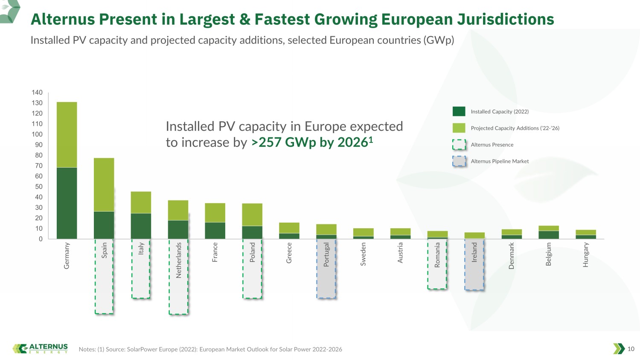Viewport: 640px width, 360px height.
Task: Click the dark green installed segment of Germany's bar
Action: pyautogui.click(x=67, y=203)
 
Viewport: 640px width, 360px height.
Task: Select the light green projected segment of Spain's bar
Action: pyautogui.click(x=104, y=185)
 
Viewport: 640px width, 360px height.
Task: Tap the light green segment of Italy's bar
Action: pyautogui.click(x=141, y=202)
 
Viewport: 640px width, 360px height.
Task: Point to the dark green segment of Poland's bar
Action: pyautogui.click(x=252, y=232)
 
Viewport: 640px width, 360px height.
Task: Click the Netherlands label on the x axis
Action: pyautogui.click(x=179, y=260)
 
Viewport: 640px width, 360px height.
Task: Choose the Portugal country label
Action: pyautogui.click(x=326, y=255)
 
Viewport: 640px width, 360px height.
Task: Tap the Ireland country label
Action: pyautogui.click(x=474, y=252)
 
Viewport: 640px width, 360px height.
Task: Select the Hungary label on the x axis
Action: pyautogui.click(x=586, y=255)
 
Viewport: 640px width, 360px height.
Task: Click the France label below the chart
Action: pyautogui.click(x=215, y=252)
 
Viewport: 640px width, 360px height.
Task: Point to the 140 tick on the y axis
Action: pyautogui.click(x=37, y=92)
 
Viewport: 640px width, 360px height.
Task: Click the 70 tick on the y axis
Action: pyautogui.click(x=39, y=166)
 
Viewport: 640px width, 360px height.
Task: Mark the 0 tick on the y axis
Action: pyautogui.click(x=41, y=239)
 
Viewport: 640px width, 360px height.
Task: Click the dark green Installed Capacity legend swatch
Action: pyautogui.click(x=459, y=111)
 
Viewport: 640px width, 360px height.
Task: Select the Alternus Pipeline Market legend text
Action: pyautogui.click(x=500, y=161)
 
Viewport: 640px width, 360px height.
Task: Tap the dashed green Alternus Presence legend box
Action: pyautogui.click(x=459, y=145)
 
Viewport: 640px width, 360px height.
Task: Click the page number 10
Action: pyautogui.click(x=631, y=349)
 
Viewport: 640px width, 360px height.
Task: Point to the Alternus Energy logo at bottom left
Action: pyautogui.click(x=40, y=348)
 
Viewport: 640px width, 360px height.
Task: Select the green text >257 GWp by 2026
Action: pyautogui.click(x=312, y=142)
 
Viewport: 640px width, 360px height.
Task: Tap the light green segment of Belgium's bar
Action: pyautogui.click(x=549, y=228)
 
